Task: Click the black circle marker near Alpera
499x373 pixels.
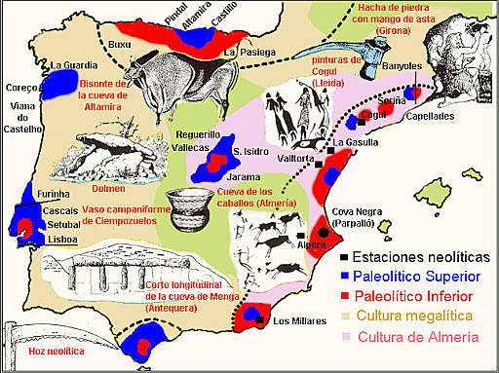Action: (x=322, y=233)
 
